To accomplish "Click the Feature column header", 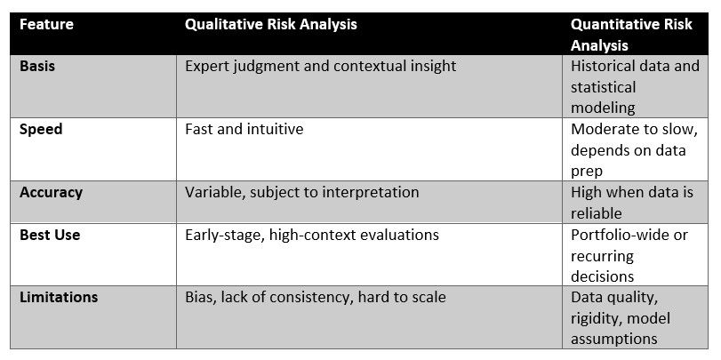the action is pos(46,24).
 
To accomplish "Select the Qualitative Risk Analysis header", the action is pos(271,24).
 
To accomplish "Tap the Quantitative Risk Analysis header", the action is pos(631,35).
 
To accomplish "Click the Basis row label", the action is pos(37,66).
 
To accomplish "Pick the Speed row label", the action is pos(41,130).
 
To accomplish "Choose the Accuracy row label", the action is pos(51,192).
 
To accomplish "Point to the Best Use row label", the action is pos(50,235).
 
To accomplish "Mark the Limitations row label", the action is pos(59,297).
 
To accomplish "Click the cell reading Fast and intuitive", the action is pos(244,129).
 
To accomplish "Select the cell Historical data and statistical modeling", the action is pos(635,87).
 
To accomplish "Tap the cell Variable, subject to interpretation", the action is pos(302,193).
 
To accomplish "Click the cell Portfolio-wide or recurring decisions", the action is pos(629,256).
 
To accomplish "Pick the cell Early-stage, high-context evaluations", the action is pos(312,236).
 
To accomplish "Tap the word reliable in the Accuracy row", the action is pos(597,213).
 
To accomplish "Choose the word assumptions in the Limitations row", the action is pos(613,340).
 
